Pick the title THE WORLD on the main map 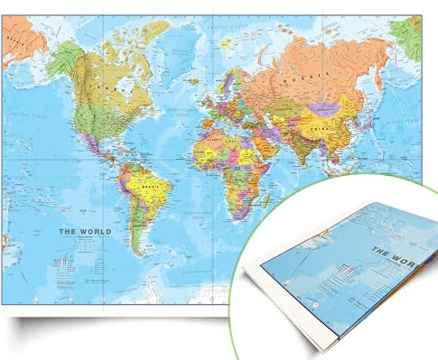[x=85, y=232]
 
